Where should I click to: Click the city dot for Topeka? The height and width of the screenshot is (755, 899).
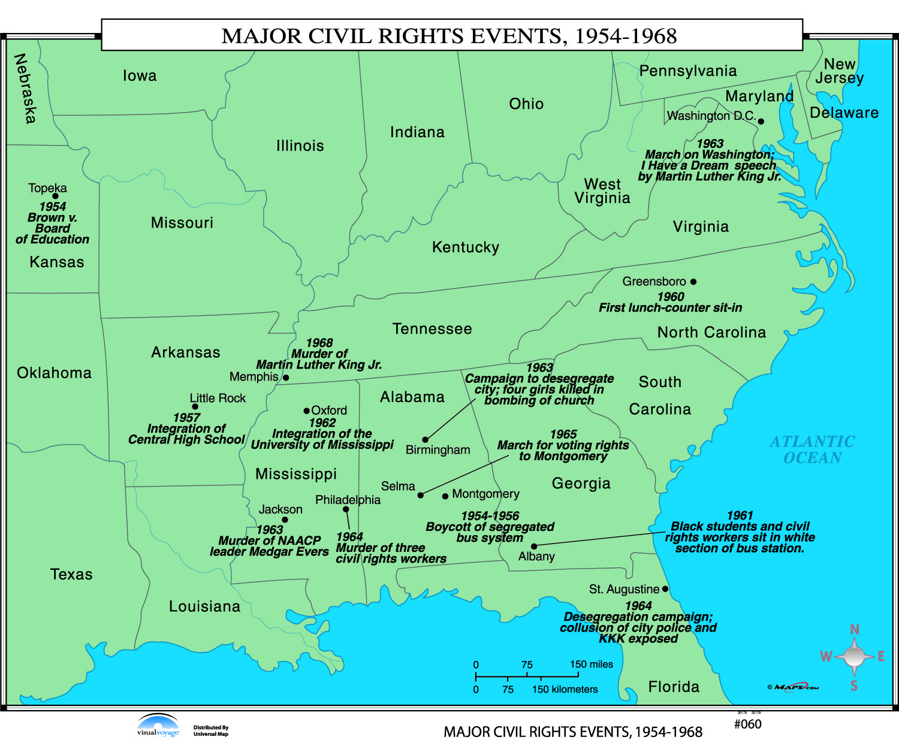tap(55, 196)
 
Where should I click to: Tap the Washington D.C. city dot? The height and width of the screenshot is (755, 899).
tap(761, 121)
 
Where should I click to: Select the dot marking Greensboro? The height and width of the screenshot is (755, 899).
tap(693, 282)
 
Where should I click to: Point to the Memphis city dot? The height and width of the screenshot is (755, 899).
tap(286, 377)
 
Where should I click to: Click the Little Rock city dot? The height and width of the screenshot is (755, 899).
tap(195, 407)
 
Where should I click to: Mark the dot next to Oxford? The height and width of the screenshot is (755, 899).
tap(306, 411)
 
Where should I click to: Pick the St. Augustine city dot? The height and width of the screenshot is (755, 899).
tap(665, 589)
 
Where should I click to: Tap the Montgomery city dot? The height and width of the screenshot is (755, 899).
tap(445, 496)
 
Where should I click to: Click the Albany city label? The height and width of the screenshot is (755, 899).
tap(536, 557)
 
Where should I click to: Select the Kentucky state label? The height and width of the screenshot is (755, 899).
tap(466, 247)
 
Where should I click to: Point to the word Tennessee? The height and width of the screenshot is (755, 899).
tap(432, 329)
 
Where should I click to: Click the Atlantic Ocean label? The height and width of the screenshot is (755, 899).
tap(812, 449)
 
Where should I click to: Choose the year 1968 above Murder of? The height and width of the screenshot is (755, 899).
tap(319, 343)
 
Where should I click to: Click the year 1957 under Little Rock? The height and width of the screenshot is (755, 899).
tap(186, 418)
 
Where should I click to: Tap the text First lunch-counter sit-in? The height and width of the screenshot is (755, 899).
tap(670, 308)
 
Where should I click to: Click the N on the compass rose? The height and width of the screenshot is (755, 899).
tap(855, 629)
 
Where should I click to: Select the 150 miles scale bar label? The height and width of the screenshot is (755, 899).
tap(591, 665)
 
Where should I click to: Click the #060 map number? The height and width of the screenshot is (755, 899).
tap(747, 724)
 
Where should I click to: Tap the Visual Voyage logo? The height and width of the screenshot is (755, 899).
tap(158, 725)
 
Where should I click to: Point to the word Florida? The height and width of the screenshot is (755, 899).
tap(674, 687)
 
